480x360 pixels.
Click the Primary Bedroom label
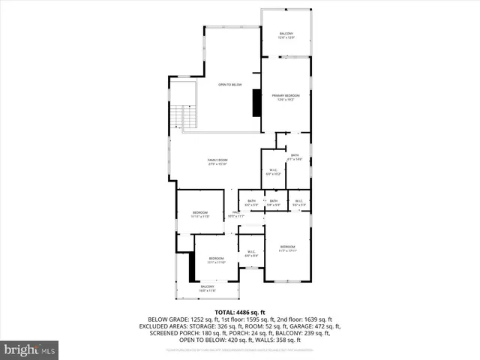tap(286, 96)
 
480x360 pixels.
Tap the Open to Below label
tap(230, 85)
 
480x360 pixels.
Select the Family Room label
tap(217, 160)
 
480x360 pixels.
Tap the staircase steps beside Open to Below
tap(178, 117)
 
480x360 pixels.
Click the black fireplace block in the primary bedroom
tap(256, 103)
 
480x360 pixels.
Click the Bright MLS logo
tap(30, 349)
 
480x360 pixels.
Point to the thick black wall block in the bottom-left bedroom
tap(191, 267)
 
